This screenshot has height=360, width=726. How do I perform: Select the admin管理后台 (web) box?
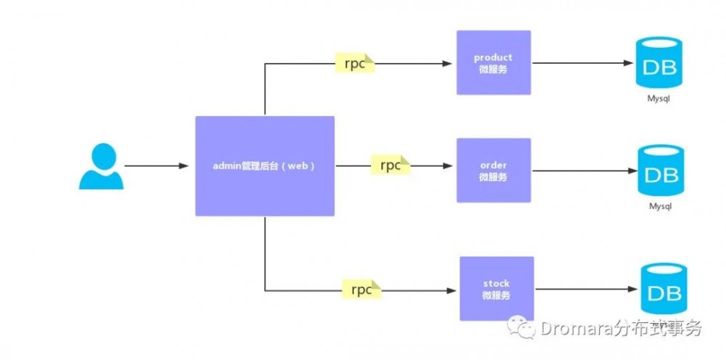pyautogui.click(x=264, y=165)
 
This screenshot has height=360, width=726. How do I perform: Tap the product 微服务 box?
pyautogui.click(x=493, y=62)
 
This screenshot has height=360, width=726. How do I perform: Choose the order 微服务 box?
pyautogui.click(x=493, y=171)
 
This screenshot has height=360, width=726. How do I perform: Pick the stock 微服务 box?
pyautogui.click(x=496, y=288)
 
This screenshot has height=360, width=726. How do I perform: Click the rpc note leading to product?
pyautogui.click(x=354, y=62)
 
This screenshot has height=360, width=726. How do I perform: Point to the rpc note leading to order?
pyautogui.click(x=390, y=165)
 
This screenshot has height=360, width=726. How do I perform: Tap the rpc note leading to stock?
pyautogui.click(x=362, y=289)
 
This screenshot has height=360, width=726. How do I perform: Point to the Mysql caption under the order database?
pyautogui.click(x=659, y=206)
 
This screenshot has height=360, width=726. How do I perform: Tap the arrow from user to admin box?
pyautogui.click(x=156, y=166)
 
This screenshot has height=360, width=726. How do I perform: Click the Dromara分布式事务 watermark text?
pyautogui.click(x=621, y=329)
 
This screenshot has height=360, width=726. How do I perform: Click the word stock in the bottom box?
pyautogui.click(x=496, y=283)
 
